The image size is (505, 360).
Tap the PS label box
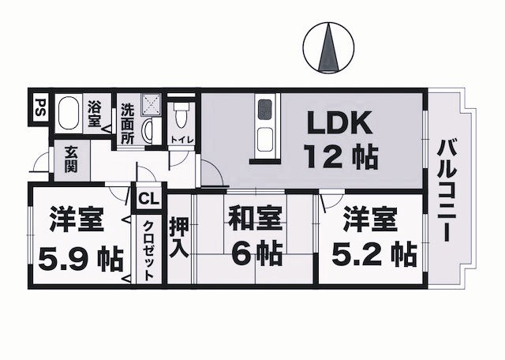pyautogui.click(x=39, y=107)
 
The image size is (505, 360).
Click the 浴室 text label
pyautogui.click(x=95, y=114)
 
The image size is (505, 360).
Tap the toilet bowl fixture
pyautogui.click(x=181, y=118)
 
